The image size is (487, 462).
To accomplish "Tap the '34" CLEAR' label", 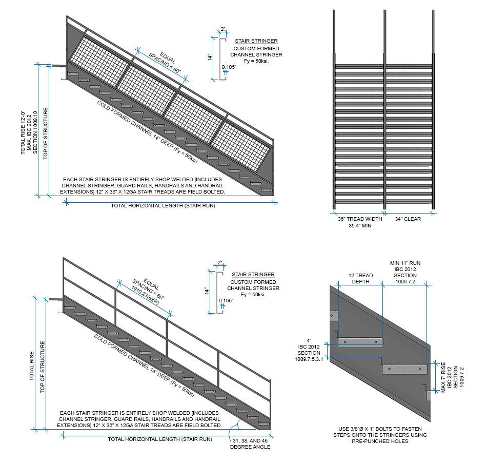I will pyautogui.click(x=408, y=219).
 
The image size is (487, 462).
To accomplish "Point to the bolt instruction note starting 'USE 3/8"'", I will pyautogui.click(x=380, y=435).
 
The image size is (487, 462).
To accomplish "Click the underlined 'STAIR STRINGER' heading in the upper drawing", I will pyautogui.click(x=256, y=41).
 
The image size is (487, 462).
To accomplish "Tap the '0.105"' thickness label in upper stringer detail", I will pyautogui.click(x=229, y=66).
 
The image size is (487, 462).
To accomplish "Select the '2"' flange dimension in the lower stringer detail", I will pyautogui.click(x=220, y=263).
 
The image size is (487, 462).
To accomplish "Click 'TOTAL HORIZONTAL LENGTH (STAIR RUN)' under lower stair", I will pyautogui.click(x=160, y=439).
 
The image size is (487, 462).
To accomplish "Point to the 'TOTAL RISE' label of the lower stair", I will pyautogui.click(x=31, y=365).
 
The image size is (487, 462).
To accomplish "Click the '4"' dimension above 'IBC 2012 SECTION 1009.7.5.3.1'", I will pyautogui.click(x=309, y=339).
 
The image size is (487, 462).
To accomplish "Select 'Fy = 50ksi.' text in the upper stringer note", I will pyautogui.click(x=256, y=61).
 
